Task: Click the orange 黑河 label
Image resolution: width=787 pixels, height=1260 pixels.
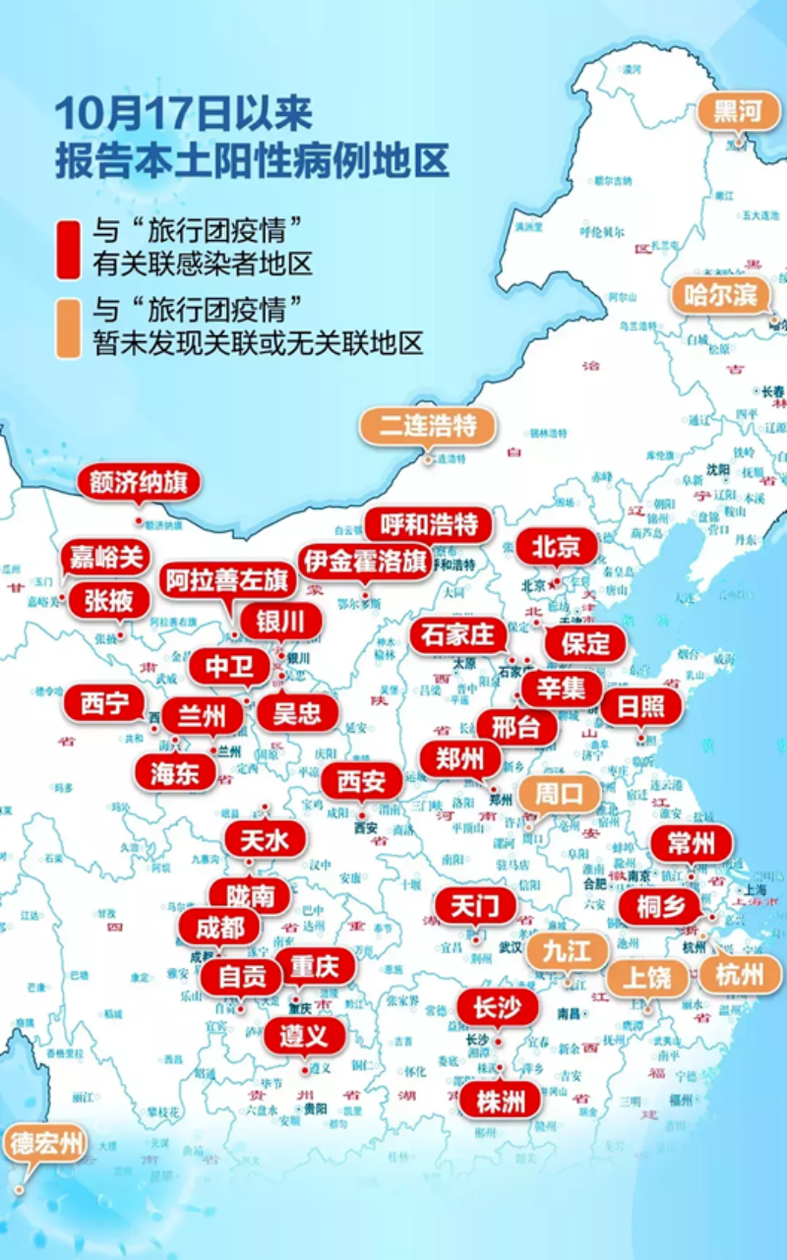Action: pos(738,111)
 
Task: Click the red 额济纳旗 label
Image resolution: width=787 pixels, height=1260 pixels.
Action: pos(139,483)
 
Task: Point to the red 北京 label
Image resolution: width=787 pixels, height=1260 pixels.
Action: pos(557,547)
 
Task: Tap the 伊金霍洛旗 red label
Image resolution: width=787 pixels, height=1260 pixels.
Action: pos(365,562)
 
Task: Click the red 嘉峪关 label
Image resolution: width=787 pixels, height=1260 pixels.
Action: pos(105,558)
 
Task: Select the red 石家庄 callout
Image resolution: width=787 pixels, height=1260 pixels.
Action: pos(457,635)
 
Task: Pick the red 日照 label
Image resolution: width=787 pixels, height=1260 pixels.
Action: pos(640,706)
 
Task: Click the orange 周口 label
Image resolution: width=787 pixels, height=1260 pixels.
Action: pos(558,794)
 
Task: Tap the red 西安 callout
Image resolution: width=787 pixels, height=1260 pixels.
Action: pos(362,783)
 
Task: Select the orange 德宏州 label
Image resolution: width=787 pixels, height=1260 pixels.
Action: pos(46,1144)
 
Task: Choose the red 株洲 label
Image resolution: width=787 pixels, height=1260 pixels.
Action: pos(501,1101)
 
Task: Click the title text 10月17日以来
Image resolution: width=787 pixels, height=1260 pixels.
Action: pos(183,114)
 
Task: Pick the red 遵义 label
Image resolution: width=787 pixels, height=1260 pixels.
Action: pos(304,1035)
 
